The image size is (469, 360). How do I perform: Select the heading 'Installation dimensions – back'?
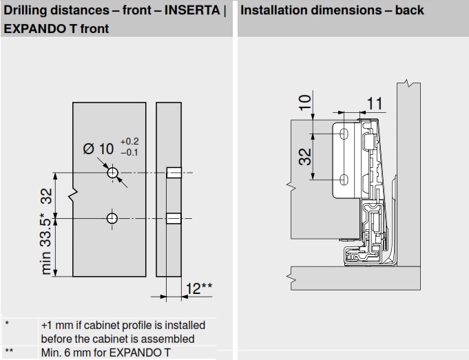(333, 11)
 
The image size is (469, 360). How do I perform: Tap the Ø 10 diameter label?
(98, 148)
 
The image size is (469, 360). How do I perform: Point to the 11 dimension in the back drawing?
(375, 103)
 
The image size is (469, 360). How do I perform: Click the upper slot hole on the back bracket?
(345, 133)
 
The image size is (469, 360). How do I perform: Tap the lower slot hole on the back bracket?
(345, 180)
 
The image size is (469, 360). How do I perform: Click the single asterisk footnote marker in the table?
(6, 324)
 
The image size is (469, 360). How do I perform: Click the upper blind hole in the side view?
(174, 172)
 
